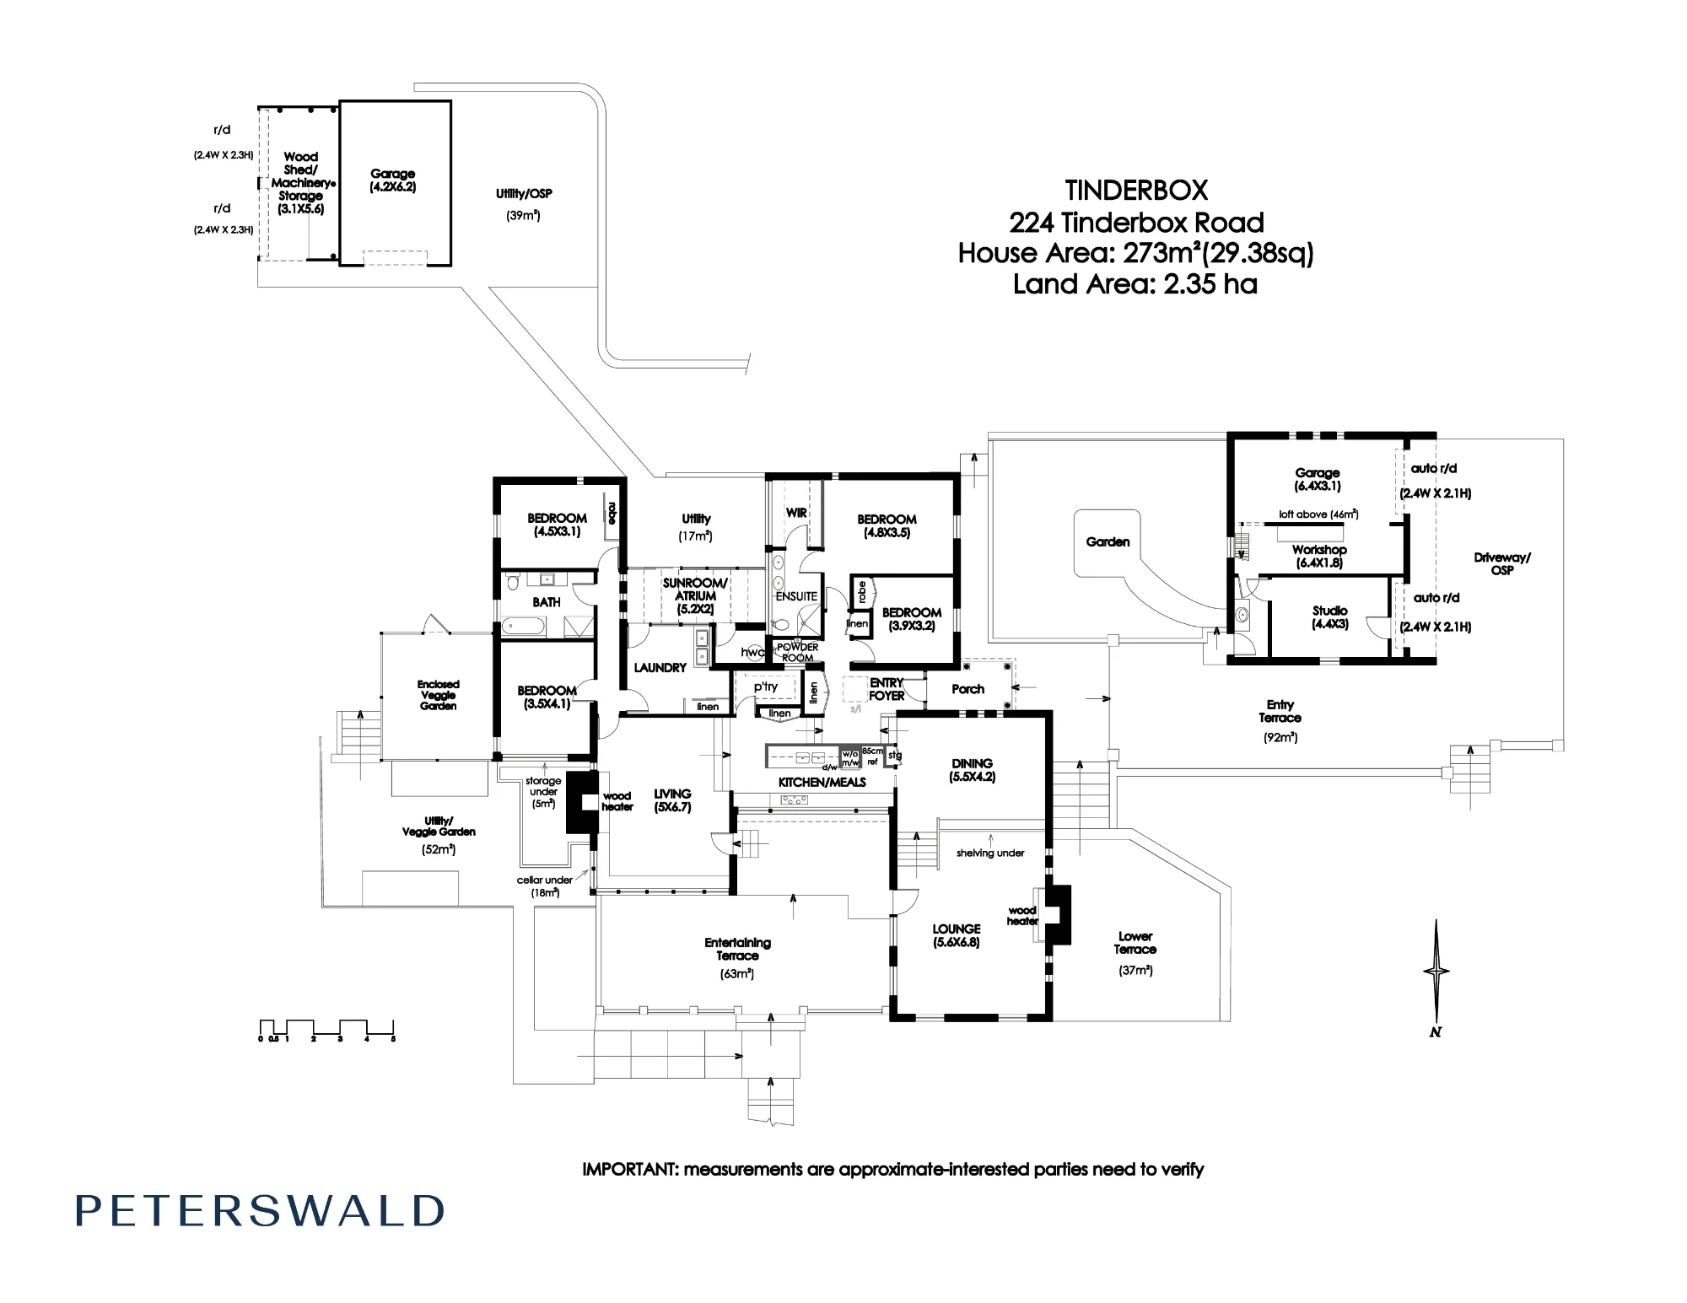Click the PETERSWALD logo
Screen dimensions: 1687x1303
click(260, 1211)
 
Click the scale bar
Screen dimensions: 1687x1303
click(327, 1030)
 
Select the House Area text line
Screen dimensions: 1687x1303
click(1135, 253)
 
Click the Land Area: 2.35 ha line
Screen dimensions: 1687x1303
click(1135, 284)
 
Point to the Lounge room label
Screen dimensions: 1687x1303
click(957, 935)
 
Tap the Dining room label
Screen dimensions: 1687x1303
click(972, 770)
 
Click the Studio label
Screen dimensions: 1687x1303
click(1330, 617)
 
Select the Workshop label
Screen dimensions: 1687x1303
click(1319, 556)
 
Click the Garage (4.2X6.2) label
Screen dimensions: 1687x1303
click(393, 180)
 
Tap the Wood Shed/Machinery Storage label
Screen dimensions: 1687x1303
click(301, 182)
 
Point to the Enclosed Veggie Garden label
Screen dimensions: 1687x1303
click(439, 695)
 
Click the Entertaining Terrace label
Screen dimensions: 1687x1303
click(738, 956)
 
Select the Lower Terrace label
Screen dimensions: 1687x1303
click(1135, 953)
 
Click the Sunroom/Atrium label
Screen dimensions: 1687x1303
click(695, 595)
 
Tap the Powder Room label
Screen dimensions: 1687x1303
click(797, 653)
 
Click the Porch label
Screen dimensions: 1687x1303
click(967, 689)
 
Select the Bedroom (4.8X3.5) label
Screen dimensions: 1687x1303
click(887, 525)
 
